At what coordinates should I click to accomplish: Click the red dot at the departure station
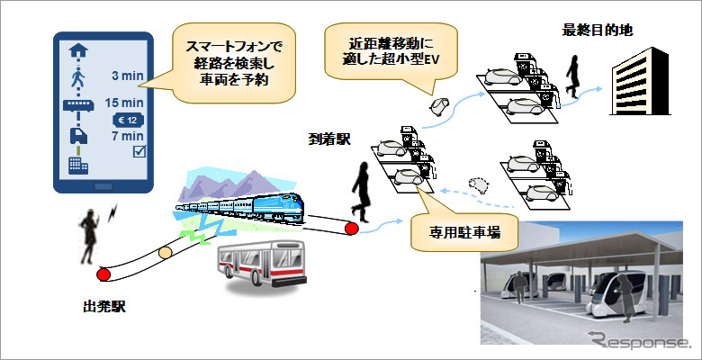pyautogui.click(x=104, y=274)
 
